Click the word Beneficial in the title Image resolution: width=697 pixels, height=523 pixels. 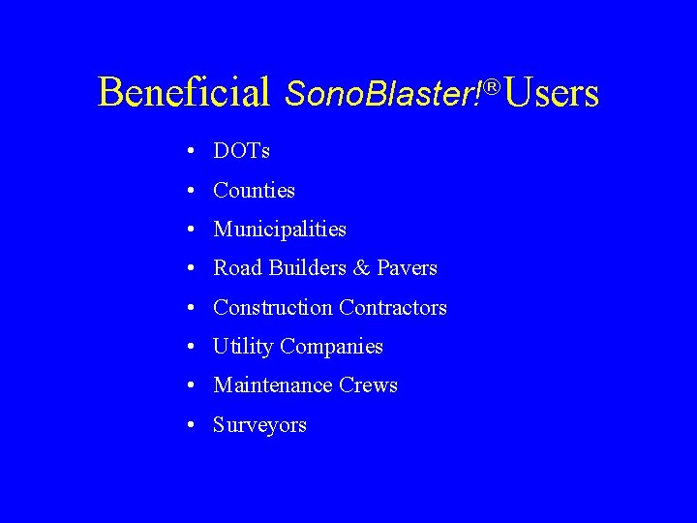(x=184, y=92)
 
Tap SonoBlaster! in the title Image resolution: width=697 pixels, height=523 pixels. (x=383, y=93)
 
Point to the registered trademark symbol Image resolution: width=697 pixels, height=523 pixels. (x=492, y=88)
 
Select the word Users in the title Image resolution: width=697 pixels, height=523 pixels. (x=551, y=93)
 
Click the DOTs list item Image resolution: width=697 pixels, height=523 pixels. (x=241, y=151)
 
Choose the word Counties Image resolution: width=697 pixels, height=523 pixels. (x=254, y=190)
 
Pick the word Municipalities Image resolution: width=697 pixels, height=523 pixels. (x=280, y=230)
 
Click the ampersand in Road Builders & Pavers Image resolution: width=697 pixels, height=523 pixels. (x=361, y=268)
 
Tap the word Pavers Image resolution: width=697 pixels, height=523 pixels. (x=407, y=268)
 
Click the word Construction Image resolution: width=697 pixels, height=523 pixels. (x=272, y=308)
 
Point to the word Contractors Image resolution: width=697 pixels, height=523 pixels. (x=393, y=308)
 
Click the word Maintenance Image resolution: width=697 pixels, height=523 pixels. (x=273, y=385)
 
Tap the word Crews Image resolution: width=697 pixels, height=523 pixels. (x=368, y=385)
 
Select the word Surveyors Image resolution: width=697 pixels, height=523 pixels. (x=259, y=425)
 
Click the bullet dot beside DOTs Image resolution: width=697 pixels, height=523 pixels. (x=195, y=152)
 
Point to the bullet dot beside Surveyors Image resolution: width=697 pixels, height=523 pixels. (x=195, y=425)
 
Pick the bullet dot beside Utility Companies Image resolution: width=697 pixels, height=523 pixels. (x=195, y=347)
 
